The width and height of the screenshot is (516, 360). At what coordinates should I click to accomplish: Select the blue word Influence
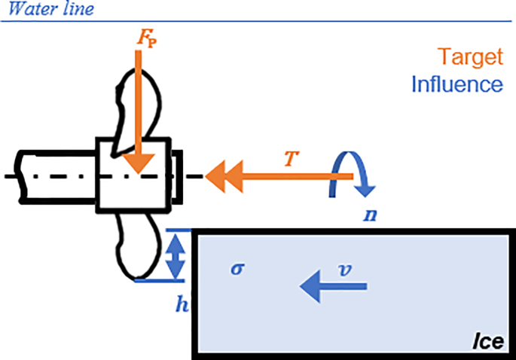[x=456, y=83]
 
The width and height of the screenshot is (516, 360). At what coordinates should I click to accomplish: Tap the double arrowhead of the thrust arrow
[x=221, y=178]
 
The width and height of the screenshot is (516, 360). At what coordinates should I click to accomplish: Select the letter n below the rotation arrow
[x=369, y=214]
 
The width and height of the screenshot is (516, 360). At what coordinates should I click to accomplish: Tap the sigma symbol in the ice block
[x=236, y=268]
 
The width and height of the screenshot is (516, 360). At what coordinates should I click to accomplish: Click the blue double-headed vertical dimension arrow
[x=175, y=255]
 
